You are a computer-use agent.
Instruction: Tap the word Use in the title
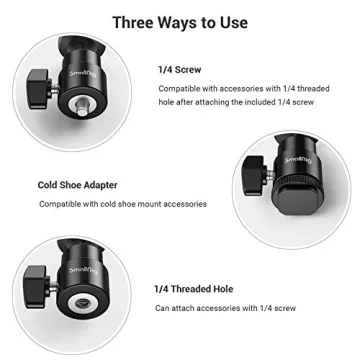233,21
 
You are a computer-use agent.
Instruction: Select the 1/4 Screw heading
179,69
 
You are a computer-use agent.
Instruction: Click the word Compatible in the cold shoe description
60,204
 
